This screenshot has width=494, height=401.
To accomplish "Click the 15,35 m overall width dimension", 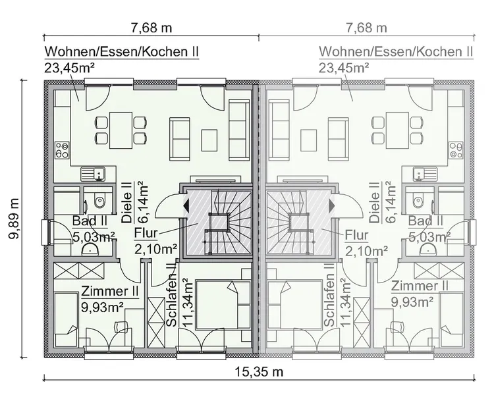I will point(258,372).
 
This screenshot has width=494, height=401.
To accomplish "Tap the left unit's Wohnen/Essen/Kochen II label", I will point(121,52).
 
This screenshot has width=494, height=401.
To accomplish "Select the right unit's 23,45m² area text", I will point(343,67).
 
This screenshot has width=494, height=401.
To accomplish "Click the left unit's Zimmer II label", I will point(109,290).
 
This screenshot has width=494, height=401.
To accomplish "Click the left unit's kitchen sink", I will point(94,174).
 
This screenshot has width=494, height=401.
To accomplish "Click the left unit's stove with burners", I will point(62,150).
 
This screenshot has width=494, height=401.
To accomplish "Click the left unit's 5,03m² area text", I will point(93,236).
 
